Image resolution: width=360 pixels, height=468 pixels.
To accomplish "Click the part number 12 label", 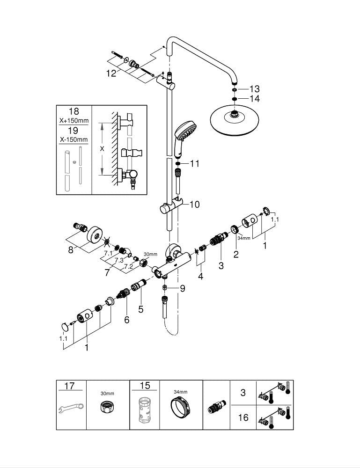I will (110, 73).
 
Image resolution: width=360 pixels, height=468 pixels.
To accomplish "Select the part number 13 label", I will (254, 89).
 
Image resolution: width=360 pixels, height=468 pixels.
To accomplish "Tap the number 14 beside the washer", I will (254, 99).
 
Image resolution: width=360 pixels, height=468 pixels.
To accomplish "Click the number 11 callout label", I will (194, 164).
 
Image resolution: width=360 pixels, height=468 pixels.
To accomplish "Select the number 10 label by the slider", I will (194, 204).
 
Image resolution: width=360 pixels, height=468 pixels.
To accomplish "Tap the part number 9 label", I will (182, 289).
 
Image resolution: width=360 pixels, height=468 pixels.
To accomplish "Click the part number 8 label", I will (71, 250).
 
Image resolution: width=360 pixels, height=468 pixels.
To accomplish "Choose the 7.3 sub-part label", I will (118, 260).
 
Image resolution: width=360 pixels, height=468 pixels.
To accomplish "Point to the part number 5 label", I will (141, 309).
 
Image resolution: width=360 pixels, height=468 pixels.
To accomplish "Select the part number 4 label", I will (201, 276).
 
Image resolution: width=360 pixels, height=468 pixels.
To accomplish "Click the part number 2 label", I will (236, 255).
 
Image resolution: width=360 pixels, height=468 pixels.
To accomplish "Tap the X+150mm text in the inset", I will (74, 121).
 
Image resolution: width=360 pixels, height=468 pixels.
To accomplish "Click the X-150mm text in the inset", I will (74, 140).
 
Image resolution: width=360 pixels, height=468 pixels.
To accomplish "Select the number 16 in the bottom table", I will (243, 417).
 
